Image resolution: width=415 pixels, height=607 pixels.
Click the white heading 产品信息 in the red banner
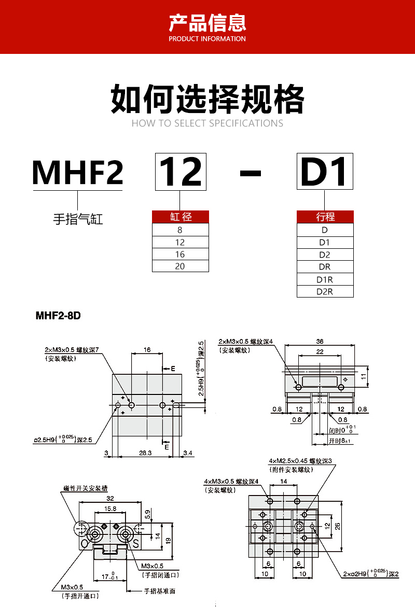tap(208, 23)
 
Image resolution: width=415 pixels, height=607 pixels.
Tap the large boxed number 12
tap(180, 172)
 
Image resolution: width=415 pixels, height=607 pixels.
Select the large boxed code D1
tap(325, 172)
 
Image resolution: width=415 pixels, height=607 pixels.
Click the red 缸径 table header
tap(181, 217)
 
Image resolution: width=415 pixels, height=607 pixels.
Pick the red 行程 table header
tap(325, 217)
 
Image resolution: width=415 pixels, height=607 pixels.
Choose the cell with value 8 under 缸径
tap(181, 230)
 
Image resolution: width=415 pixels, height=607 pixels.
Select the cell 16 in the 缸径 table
tap(181, 255)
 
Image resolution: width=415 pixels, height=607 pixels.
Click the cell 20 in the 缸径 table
tap(181, 266)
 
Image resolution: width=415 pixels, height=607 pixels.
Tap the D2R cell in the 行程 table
tap(325, 291)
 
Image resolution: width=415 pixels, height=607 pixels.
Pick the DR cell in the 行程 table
tap(325, 267)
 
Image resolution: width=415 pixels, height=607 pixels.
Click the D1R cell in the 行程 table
tap(325, 279)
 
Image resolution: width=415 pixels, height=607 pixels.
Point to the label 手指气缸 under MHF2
tap(78, 219)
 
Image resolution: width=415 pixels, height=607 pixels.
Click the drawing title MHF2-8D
tap(59, 316)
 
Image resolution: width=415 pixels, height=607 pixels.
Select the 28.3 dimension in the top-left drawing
tap(146, 453)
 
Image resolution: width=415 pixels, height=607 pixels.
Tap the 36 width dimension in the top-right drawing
tap(319, 341)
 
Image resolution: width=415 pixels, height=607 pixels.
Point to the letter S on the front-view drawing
tap(136, 543)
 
